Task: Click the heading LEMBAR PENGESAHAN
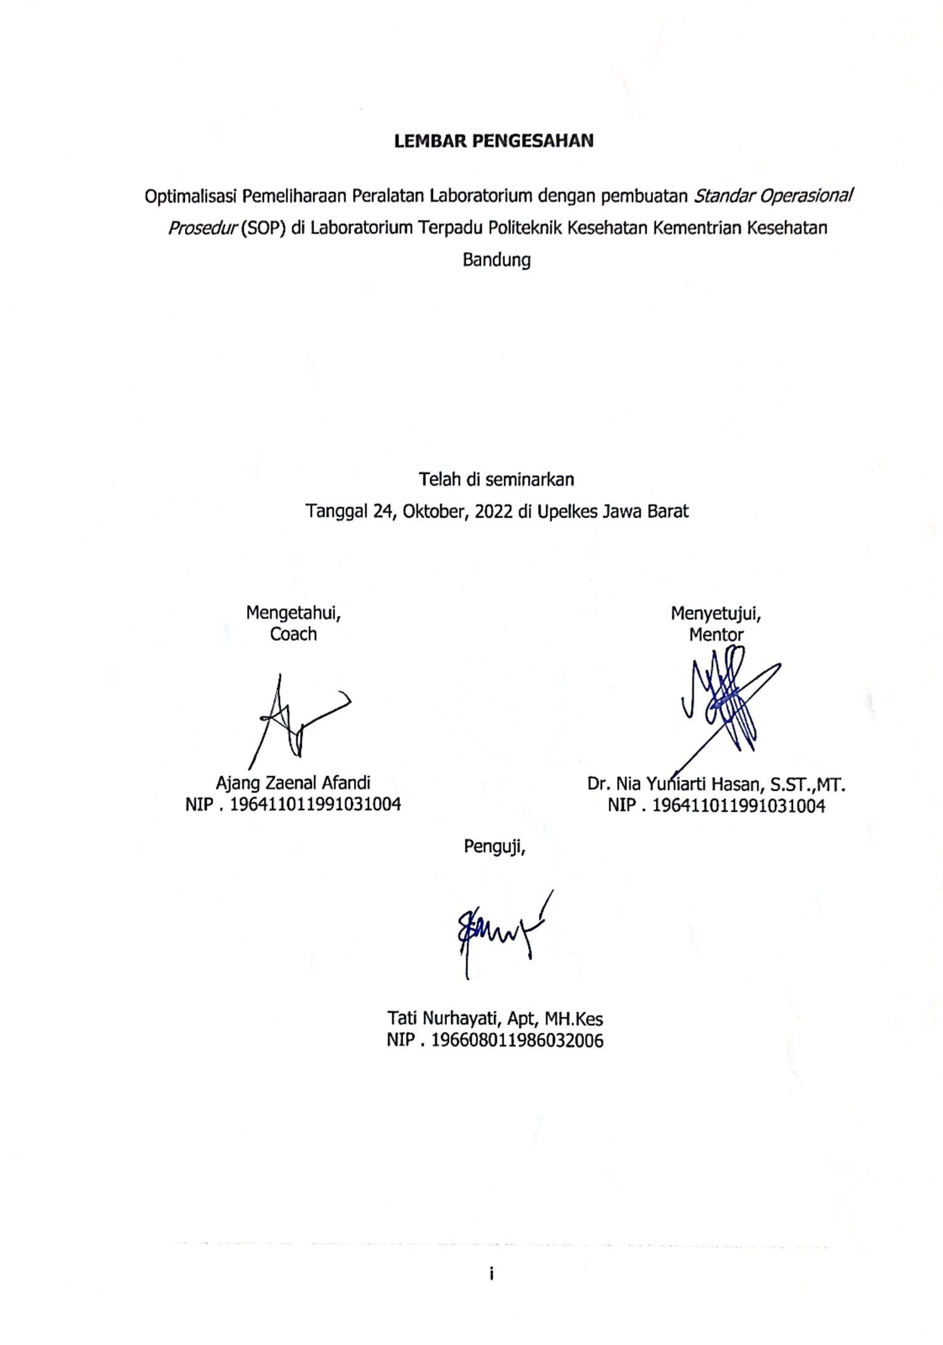click(494, 141)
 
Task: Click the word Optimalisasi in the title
click(190, 197)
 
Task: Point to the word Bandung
click(496, 260)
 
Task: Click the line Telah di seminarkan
click(496, 480)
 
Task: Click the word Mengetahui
click(293, 613)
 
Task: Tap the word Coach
click(293, 635)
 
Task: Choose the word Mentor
click(716, 635)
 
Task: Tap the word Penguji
click(494, 847)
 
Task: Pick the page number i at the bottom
click(491, 1274)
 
